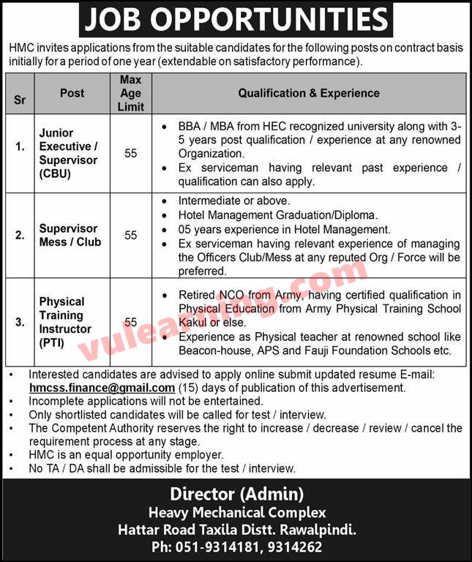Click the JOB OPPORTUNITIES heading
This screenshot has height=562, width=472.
coord(236,20)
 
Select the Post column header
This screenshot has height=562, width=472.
coord(72,93)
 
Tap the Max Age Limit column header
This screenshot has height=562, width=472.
coord(130,93)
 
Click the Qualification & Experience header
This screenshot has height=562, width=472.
coord(309,93)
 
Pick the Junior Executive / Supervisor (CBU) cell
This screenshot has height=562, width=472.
coord(68,154)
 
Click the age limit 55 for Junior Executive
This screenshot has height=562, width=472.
coord(130,154)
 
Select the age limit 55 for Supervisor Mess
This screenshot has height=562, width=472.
coord(130,235)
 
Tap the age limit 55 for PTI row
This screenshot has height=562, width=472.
coord(130,322)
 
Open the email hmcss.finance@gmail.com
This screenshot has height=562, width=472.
coord(102,388)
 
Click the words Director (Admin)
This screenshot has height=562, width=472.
coord(236,494)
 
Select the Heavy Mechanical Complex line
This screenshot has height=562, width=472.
coord(236,512)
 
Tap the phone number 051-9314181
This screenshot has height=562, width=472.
coord(234,547)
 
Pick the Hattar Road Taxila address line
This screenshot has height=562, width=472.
coord(236,529)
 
